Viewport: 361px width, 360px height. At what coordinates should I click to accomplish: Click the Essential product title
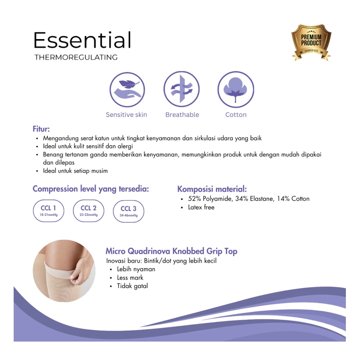[x=82, y=40]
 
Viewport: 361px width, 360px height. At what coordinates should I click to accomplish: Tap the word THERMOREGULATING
[x=76, y=58]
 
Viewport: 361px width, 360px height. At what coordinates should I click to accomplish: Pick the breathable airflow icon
[x=182, y=90]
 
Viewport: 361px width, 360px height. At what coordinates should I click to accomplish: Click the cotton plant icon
[x=236, y=90]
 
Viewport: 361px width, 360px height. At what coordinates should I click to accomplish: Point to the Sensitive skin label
[x=126, y=115]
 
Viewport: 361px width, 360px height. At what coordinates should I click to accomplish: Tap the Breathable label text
[x=182, y=115]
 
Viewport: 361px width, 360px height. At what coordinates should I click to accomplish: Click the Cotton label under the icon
[x=236, y=115]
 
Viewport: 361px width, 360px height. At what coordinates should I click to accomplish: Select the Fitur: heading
[x=41, y=129]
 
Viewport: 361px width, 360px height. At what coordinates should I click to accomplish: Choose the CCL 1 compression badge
[x=49, y=211]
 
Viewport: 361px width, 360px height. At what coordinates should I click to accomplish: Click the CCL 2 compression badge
[x=89, y=211]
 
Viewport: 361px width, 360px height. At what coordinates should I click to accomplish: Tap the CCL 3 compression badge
[x=128, y=211]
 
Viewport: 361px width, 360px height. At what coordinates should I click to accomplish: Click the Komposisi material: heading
[x=212, y=189]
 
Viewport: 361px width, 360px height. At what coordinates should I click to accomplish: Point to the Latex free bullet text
[x=201, y=207]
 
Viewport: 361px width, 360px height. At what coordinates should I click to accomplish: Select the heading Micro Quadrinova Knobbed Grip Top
[x=171, y=251]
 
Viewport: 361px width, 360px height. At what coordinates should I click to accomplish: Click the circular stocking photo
[x=64, y=271]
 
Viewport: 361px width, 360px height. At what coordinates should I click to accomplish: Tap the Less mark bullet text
[x=130, y=278]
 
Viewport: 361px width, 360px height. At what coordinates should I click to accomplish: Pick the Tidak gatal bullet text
[x=132, y=286]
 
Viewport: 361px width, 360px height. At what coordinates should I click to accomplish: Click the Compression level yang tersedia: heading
[x=91, y=189]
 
